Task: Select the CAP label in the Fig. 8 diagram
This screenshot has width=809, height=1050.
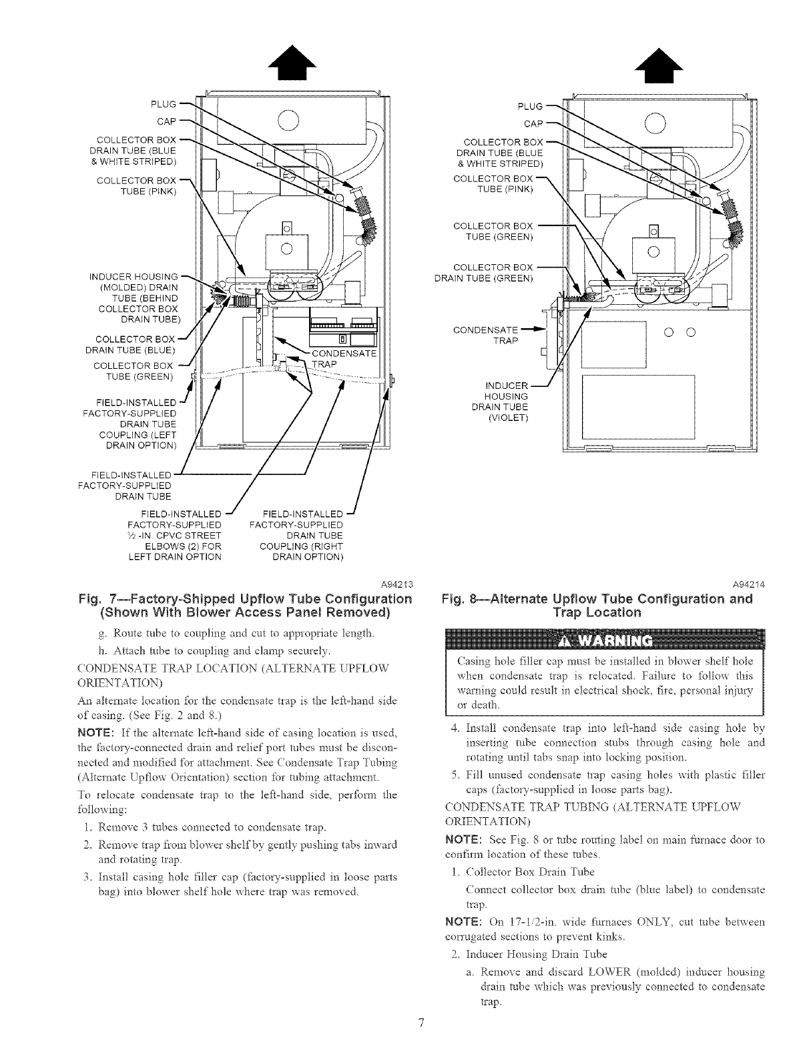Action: pos(533,124)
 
